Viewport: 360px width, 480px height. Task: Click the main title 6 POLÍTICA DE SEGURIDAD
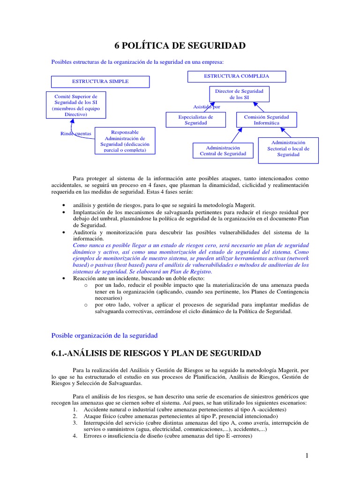click(x=180, y=45)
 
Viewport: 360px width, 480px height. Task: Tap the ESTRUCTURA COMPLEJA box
click(x=236, y=76)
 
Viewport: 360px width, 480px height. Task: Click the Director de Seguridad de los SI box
click(x=239, y=94)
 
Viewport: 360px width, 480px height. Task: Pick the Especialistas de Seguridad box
click(x=195, y=120)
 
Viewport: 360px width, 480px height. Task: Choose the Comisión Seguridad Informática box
click(x=266, y=120)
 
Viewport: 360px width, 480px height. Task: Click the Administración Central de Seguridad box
click(x=223, y=150)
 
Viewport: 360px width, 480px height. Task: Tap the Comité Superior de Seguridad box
click(x=75, y=105)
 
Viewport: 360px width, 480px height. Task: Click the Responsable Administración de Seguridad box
click(x=124, y=141)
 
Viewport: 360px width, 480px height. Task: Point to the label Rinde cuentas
click(x=76, y=134)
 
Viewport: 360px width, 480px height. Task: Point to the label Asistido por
click(x=207, y=106)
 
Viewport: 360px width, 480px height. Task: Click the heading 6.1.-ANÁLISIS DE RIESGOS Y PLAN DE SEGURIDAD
click(x=156, y=353)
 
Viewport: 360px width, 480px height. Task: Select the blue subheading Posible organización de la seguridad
click(x=104, y=335)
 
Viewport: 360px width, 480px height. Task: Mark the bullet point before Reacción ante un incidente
click(x=63, y=278)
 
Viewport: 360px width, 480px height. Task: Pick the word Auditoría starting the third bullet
click(x=85, y=232)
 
